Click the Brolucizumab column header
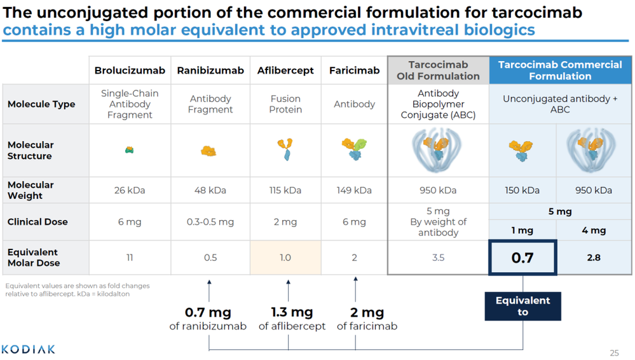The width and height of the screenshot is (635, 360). [x=130, y=71]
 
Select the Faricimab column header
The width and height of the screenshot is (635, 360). [x=354, y=71]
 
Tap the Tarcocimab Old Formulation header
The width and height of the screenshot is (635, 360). [x=438, y=71]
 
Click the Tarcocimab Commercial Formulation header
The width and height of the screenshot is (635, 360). [x=560, y=71]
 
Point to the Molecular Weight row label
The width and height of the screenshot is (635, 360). [x=31, y=190]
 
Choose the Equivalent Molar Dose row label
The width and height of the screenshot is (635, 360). [x=33, y=258]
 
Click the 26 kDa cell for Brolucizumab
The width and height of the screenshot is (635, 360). [x=130, y=190]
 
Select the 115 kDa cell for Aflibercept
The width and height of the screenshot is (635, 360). [x=285, y=190]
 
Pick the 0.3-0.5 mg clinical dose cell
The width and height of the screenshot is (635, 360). [x=210, y=222]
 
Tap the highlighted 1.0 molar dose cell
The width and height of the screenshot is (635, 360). [x=285, y=258]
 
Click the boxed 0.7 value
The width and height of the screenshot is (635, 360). [x=522, y=258]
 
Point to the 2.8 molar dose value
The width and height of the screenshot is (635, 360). [x=594, y=258]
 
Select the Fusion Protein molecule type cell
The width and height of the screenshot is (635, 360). [x=285, y=104]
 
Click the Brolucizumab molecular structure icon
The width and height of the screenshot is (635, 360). [x=130, y=150]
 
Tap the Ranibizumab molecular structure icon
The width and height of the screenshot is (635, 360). [x=209, y=151]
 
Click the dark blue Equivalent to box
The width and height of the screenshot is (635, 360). [x=522, y=306]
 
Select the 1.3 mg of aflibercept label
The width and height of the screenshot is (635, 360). [x=292, y=319]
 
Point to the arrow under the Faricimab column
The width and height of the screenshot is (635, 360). [x=355, y=289]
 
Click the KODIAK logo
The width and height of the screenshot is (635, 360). [x=29, y=349]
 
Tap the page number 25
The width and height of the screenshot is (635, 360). [x=614, y=353]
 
